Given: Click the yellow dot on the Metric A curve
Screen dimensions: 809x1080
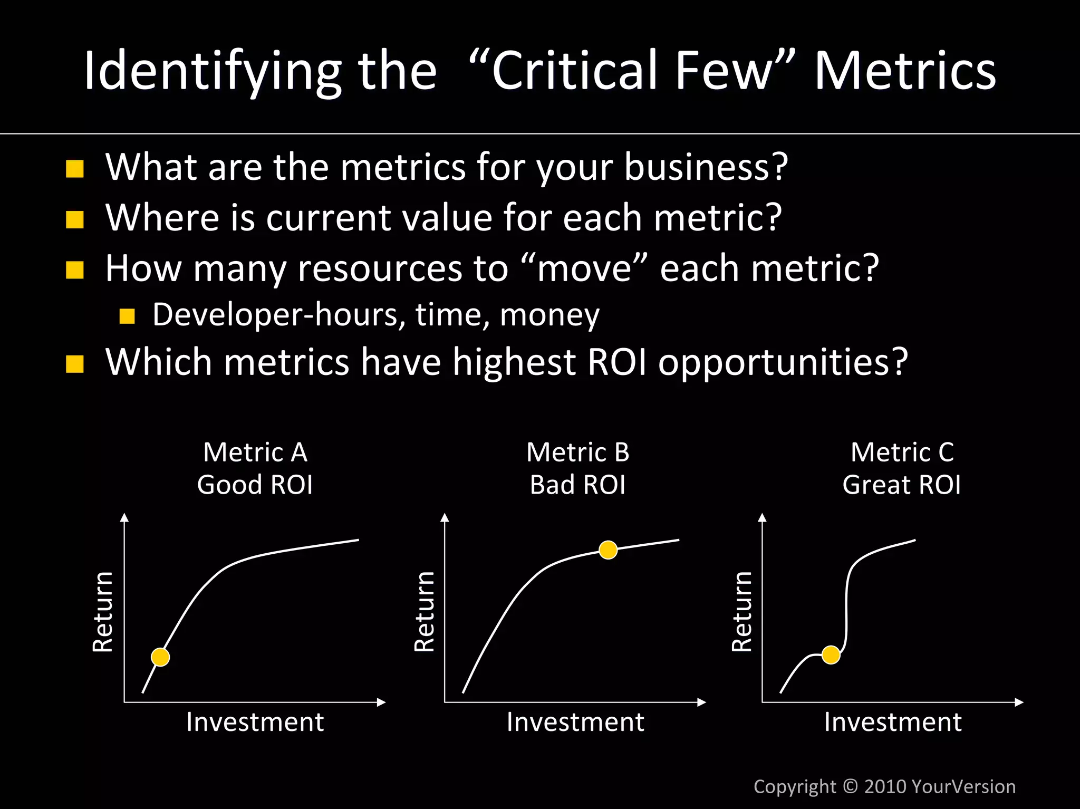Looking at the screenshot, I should (x=160, y=657).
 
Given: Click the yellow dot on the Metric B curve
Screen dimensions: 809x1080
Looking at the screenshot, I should (x=608, y=550).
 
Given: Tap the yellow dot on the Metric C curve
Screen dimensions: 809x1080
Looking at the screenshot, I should (x=831, y=655).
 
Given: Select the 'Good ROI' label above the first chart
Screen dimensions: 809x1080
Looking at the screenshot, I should (x=255, y=485).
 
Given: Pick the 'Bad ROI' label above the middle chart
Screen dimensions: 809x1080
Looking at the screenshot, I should (x=577, y=485).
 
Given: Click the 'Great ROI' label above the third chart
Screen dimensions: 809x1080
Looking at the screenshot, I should (x=901, y=485).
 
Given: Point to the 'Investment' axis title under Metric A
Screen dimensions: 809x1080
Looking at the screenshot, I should (x=255, y=722).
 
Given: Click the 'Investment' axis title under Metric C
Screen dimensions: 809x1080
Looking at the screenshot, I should (x=893, y=722).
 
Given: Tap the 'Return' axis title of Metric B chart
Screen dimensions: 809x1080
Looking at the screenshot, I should (x=425, y=612).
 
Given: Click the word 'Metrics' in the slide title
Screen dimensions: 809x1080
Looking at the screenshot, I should (x=905, y=71).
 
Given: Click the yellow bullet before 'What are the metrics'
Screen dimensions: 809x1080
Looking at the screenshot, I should (x=75, y=169).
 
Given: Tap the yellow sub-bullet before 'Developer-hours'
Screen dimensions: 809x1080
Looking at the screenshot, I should (x=127, y=316).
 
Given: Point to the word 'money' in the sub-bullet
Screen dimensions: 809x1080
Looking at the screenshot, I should (x=549, y=315).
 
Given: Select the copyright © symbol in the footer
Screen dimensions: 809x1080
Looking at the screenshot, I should (x=850, y=786).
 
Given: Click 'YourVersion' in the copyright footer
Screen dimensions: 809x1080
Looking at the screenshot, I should (x=963, y=786).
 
